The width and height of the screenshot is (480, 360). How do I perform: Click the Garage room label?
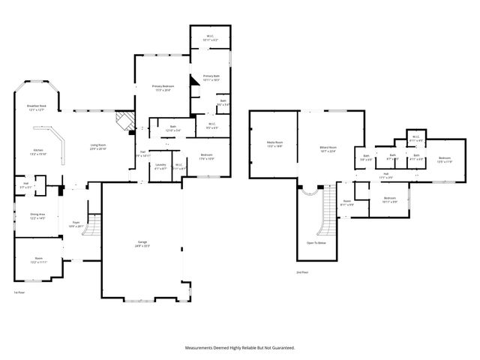[x=142, y=244]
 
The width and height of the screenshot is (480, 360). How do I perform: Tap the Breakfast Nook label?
[x=37, y=108]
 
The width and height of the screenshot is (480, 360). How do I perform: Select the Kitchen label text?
[x=37, y=151]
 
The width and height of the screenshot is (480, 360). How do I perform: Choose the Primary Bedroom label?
[x=162, y=88]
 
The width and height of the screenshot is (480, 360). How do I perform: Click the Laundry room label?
[x=160, y=166]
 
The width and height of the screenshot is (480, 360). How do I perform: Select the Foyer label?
[x=76, y=223]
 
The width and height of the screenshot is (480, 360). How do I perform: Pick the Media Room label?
[x=274, y=144]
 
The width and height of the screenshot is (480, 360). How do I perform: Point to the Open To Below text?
[x=316, y=243]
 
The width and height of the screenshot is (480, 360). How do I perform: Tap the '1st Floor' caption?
[x=19, y=292]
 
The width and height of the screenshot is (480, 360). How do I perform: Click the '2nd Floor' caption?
[x=303, y=272]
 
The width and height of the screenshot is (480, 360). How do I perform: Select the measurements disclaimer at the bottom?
[x=240, y=348]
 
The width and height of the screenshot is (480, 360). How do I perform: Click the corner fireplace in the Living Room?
[x=122, y=120]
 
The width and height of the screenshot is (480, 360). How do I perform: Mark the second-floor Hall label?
[x=385, y=175]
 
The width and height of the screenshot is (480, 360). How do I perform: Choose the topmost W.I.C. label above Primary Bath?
[x=210, y=38]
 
